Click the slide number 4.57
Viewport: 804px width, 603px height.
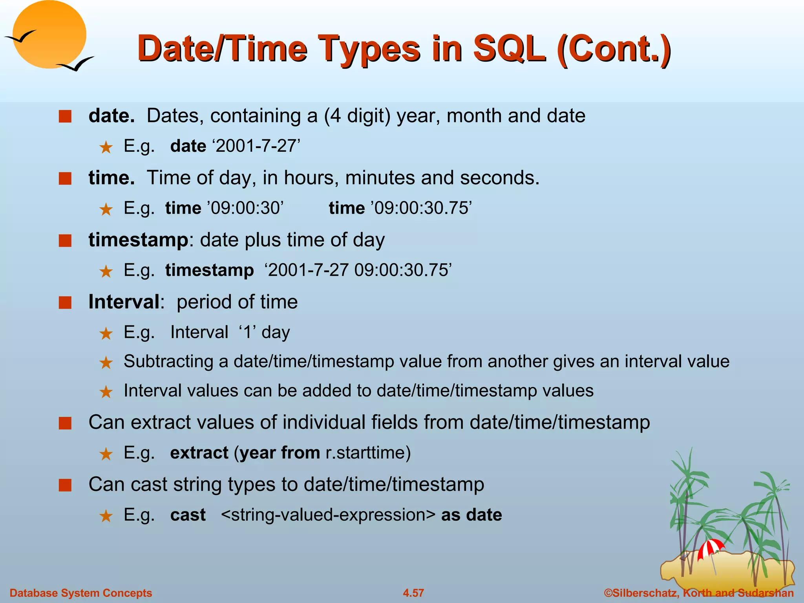413,593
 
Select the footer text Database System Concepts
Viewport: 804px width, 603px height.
81,593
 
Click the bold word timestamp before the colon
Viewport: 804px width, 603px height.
138,240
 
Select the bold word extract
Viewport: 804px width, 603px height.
199,453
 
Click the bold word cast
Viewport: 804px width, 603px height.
188,515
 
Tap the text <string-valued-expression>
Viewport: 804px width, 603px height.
328,515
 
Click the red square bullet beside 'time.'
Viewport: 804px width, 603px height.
65,179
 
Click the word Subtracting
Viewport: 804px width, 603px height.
168,361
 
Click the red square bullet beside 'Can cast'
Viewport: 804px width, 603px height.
65,486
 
